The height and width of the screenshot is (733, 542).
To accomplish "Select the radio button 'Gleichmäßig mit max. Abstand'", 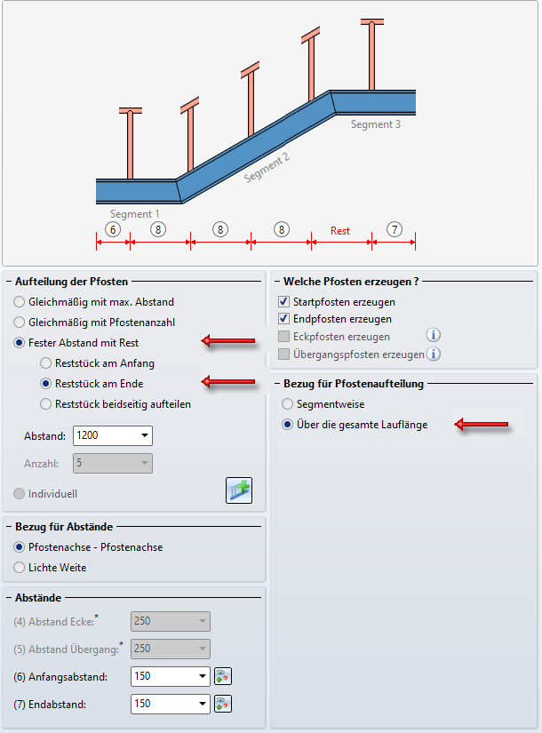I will pos(20,302).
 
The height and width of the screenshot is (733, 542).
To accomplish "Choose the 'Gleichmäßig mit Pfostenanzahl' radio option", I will pos(20,323).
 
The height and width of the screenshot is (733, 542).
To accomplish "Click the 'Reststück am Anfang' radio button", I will pos(46,363).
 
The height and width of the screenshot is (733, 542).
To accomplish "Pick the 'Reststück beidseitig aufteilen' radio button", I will pos(46,404).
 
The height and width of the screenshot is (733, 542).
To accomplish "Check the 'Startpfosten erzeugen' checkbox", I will pos(284,302).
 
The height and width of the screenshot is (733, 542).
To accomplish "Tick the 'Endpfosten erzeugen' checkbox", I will pos(284,319).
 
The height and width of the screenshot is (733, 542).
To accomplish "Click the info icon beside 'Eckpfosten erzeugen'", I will pos(434,336).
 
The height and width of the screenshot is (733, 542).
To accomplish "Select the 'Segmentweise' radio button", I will pos(287,404).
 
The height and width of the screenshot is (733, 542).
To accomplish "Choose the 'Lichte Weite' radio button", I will pos(20,567).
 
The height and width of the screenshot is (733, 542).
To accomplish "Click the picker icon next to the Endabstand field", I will pos(223,705).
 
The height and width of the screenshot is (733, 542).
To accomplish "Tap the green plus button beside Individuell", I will pos(238,491).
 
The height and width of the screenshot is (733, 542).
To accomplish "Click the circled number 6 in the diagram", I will pos(112,229).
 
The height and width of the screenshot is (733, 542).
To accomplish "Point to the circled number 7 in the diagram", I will pos(395,229).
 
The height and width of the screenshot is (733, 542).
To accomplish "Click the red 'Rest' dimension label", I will pos(340,231).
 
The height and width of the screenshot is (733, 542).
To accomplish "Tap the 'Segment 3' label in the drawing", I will pos(375,125).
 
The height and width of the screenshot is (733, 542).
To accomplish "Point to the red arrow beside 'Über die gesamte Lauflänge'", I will pos(482,426).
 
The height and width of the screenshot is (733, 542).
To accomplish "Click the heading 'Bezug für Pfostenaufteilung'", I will pos(353,384).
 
